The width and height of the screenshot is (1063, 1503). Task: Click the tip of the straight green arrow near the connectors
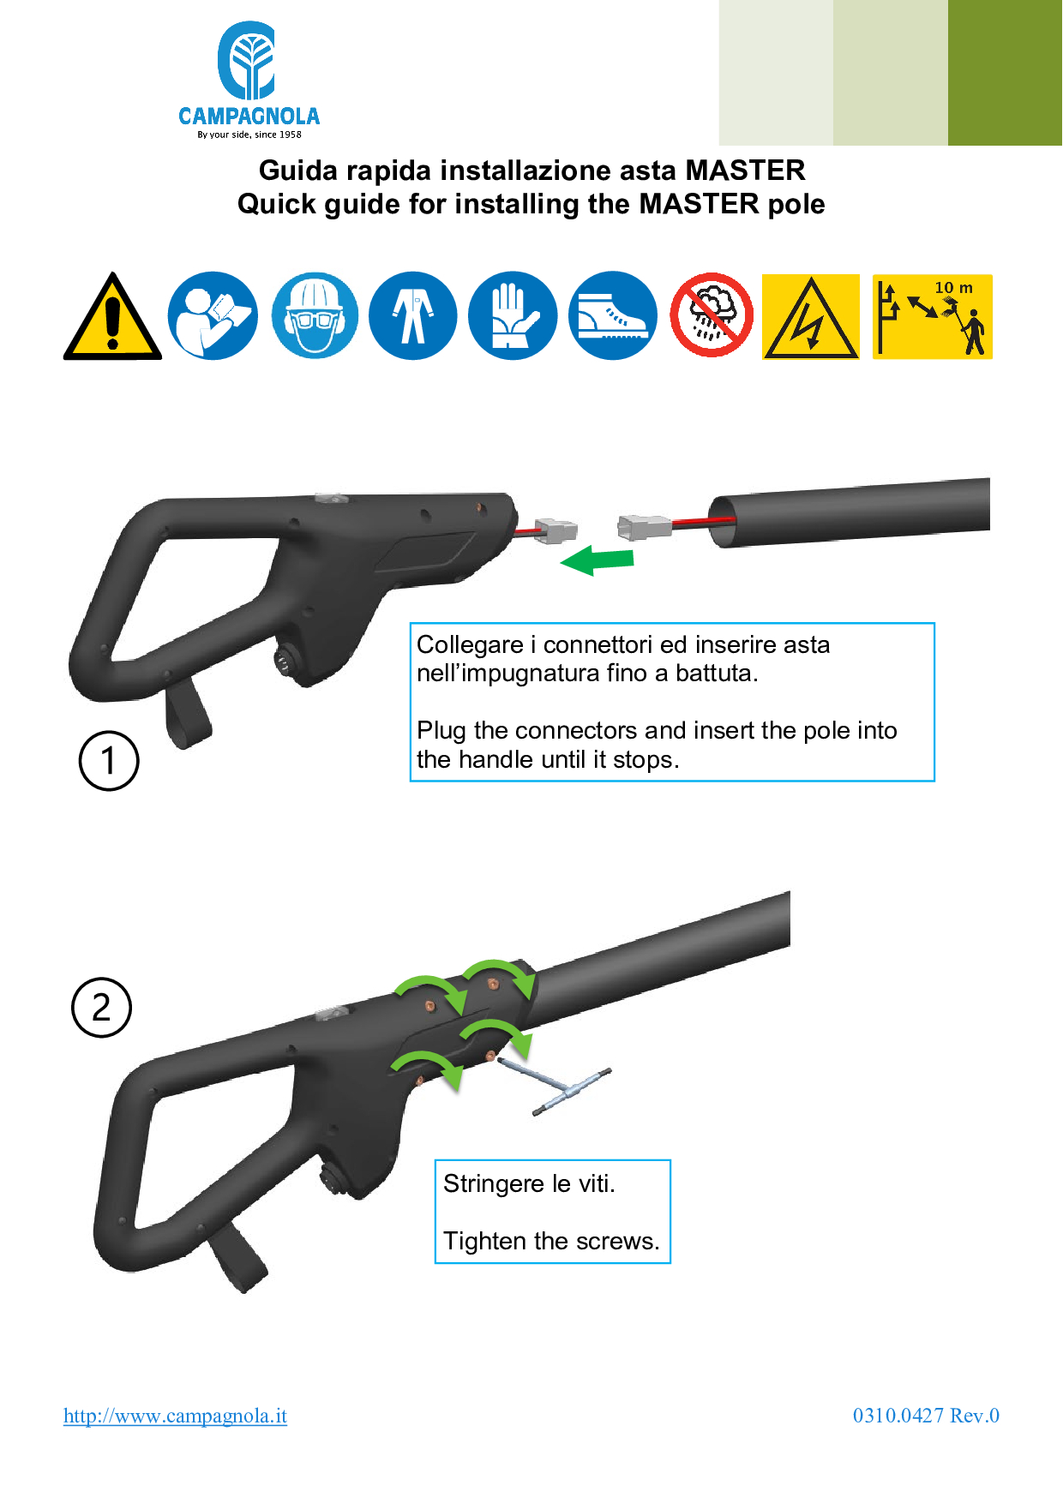pos(561,563)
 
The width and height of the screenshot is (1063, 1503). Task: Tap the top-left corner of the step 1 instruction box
pos(411,623)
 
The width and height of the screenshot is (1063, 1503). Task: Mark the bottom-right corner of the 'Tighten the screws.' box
pos(670,1263)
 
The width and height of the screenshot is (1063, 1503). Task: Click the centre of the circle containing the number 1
pos(109,761)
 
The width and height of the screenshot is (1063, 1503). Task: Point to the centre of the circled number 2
pos(101,1008)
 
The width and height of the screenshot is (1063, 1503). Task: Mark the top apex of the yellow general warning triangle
pos(111,273)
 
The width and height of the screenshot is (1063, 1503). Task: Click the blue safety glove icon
pos(513,315)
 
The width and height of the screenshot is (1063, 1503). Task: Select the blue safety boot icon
pos(613,315)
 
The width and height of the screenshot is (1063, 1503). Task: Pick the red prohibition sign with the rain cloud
pos(712,315)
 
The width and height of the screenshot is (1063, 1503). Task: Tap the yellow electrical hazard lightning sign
pos(811,316)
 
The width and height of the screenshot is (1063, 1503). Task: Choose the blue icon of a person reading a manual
pos(213,315)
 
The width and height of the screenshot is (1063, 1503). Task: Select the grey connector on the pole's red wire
pos(645,527)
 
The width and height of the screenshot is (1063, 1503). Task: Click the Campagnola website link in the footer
pos(175,1416)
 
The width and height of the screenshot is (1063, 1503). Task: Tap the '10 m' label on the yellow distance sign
pos(953,288)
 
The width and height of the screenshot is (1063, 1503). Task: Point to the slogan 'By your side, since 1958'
pos(249,135)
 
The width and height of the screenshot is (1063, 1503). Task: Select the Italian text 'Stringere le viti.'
pos(529,1183)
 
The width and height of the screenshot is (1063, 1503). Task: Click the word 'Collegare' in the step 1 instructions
pos(470,645)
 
